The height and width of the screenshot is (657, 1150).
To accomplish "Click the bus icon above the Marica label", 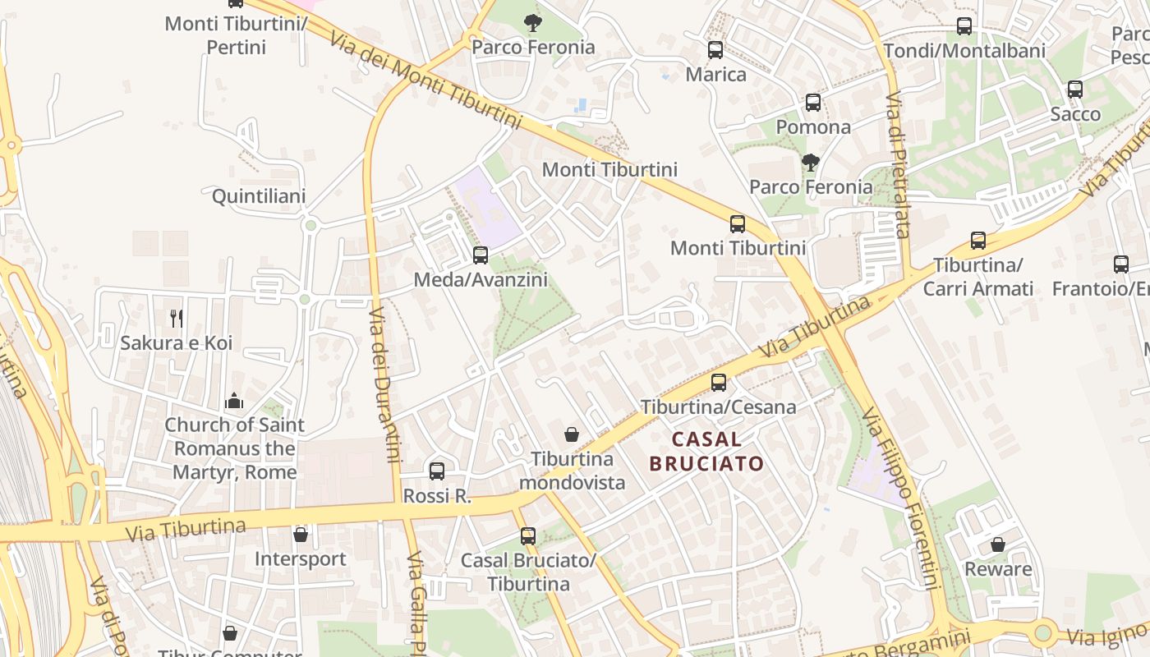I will point(715,50).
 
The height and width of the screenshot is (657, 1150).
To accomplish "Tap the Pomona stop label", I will point(813,127).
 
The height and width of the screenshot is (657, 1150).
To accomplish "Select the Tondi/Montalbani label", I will point(964,51).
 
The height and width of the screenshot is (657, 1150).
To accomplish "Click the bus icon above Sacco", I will point(1075,90).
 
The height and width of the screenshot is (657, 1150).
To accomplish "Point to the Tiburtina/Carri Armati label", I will point(977,278).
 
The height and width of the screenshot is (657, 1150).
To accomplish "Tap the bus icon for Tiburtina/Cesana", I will point(719,382).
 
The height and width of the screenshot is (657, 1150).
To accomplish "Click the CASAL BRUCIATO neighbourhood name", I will point(706,451).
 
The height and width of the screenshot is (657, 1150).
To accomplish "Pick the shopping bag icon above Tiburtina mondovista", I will point(572,434).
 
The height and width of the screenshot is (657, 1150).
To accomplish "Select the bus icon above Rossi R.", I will point(437,471).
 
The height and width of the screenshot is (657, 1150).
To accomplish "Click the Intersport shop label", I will point(300,559).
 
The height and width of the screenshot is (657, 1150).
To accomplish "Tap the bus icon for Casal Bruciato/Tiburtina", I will point(528,536).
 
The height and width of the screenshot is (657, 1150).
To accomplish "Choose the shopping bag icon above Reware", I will point(998,544).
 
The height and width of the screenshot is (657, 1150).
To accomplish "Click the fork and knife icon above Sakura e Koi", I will point(176,318).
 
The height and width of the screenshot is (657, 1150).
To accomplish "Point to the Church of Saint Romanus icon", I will point(234,401).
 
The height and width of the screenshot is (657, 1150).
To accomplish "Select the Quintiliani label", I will point(259,196).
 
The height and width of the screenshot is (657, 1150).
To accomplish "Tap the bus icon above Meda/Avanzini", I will point(481,255).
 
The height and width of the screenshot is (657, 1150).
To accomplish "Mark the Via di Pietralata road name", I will point(897,164).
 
